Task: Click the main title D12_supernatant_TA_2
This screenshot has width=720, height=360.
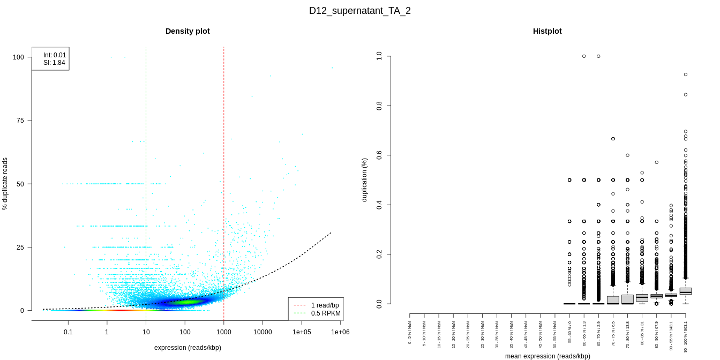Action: (360, 11)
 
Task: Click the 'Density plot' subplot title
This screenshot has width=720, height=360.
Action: (187, 31)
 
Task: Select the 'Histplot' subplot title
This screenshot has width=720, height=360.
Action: (547, 31)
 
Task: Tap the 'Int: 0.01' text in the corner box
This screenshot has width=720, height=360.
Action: (55, 55)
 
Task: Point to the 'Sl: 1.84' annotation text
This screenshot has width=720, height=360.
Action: (54, 63)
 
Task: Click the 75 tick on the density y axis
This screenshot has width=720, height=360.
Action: (20, 121)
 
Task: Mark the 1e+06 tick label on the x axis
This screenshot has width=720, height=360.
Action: (340, 332)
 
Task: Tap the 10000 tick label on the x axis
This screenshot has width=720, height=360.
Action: (262, 332)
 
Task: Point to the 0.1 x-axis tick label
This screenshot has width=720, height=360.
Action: (68, 332)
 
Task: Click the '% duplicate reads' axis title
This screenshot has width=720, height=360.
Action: (5, 184)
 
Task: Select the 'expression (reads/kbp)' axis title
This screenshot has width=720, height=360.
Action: (187, 348)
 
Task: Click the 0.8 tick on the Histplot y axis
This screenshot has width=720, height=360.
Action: (379, 106)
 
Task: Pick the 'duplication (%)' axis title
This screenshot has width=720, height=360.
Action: (365, 180)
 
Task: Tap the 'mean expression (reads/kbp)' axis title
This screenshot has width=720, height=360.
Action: (547, 356)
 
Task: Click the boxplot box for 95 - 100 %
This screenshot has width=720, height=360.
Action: (686, 291)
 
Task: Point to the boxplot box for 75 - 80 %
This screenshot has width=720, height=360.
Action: (627, 299)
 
